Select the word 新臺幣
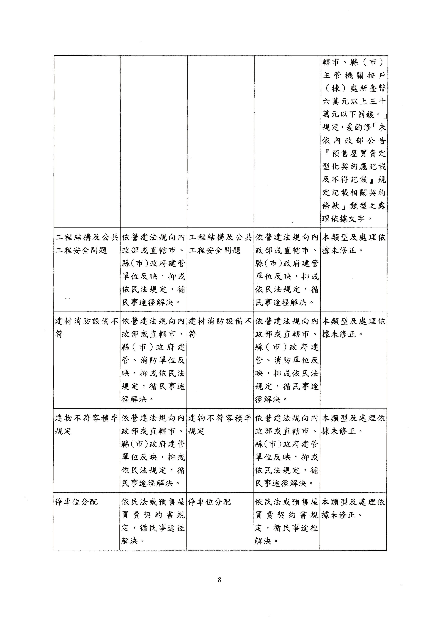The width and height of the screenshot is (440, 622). click(373, 88)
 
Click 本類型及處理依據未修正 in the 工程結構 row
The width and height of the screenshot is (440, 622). click(354, 244)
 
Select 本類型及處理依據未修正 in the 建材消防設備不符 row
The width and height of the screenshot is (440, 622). click(354, 328)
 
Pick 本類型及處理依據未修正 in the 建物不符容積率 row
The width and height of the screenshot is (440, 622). click(353, 425)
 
